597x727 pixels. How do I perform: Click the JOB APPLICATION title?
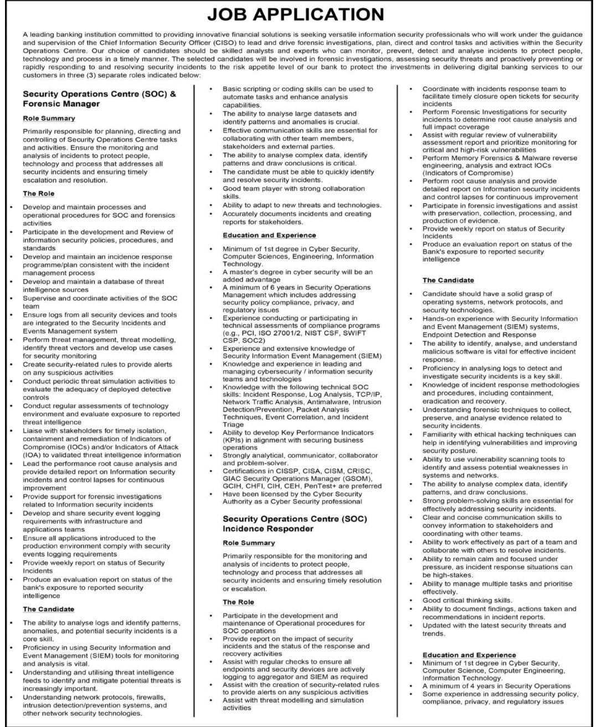298,13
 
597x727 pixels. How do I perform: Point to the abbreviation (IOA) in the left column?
31,455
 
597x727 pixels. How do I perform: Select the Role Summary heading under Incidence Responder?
249,542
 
